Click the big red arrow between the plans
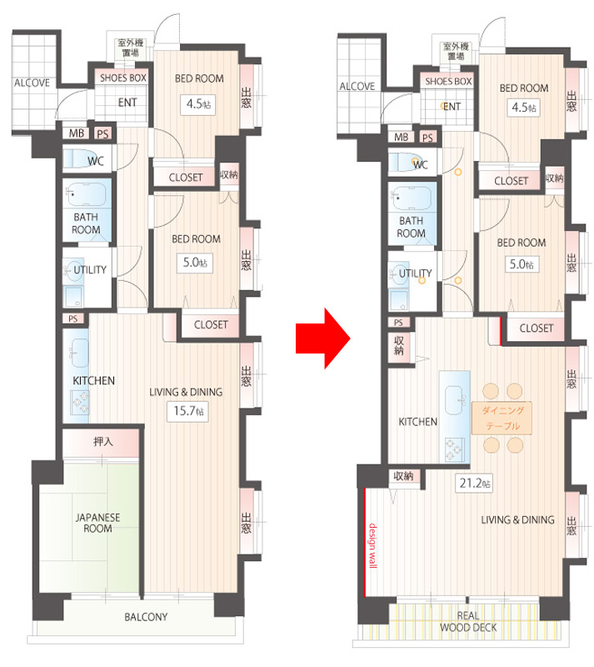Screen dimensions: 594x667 (x=322, y=339)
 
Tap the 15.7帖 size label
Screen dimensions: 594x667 (x=188, y=411)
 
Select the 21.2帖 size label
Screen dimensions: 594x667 (x=474, y=484)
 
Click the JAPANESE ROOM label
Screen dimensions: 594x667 (x=97, y=523)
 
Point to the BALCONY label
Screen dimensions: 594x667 (x=146, y=617)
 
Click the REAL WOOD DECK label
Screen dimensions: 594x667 (x=468, y=621)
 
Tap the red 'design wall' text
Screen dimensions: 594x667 (x=372, y=545)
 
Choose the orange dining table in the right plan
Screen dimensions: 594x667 (x=502, y=418)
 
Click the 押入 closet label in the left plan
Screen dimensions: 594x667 (x=103, y=442)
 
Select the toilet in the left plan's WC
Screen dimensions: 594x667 (x=77, y=158)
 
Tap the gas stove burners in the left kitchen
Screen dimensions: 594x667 (x=80, y=402)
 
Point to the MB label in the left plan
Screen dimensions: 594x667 (x=77, y=133)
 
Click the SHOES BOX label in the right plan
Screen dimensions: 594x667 (x=448, y=81)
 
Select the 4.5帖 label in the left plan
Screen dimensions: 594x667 (x=198, y=104)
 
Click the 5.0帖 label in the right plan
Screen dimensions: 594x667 (x=522, y=264)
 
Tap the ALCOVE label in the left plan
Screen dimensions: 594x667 (x=32, y=83)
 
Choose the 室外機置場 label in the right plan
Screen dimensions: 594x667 (x=456, y=51)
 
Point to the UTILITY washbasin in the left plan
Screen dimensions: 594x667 (x=73, y=270)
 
